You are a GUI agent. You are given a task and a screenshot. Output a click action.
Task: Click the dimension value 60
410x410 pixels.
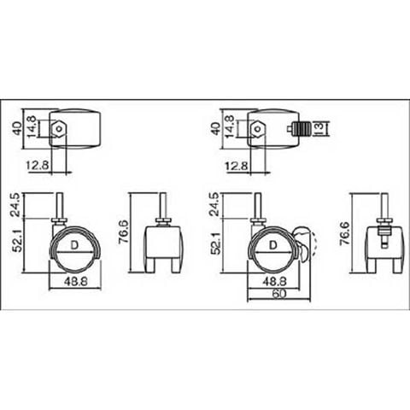[x=278, y=294]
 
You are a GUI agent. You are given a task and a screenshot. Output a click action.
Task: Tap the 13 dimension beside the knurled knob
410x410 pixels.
[x=319, y=128]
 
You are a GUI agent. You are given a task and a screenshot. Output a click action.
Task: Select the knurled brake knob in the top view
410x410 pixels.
[x=300, y=128]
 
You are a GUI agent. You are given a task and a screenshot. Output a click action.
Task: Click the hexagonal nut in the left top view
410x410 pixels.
[x=59, y=129]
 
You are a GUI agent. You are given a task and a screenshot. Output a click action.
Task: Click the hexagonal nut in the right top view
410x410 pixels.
[x=258, y=129]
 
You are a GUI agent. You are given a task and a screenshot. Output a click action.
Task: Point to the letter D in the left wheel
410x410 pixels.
[x=74, y=245]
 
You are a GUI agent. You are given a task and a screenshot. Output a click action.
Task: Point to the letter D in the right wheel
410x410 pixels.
[x=272, y=245]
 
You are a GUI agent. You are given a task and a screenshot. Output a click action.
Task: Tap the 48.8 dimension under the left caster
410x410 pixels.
[x=76, y=282]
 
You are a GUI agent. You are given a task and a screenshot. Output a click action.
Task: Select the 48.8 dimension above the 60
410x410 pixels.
[x=274, y=282]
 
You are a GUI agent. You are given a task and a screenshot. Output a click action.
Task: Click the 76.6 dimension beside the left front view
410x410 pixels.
[x=125, y=232]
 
